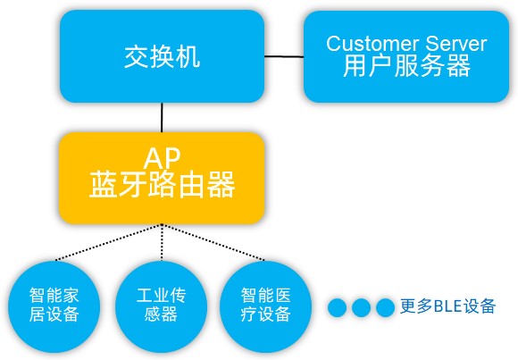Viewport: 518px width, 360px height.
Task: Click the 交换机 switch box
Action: coord(162,56)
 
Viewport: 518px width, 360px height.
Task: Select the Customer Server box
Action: coord(406,56)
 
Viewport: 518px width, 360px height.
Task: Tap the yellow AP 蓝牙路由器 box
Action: coord(162,178)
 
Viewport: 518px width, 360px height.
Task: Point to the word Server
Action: coord(456,43)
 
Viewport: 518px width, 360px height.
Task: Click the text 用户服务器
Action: coord(406,66)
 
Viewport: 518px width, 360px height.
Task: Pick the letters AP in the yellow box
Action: coord(162,158)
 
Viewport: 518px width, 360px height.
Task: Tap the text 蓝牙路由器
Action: coord(162,185)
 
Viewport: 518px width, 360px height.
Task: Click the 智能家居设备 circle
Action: coord(54,306)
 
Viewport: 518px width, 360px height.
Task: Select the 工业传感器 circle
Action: coord(162,306)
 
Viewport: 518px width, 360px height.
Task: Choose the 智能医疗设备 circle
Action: coord(265,306)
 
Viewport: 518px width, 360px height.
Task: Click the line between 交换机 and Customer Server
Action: coord(284,56)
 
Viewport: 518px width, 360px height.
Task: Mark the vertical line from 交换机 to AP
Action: coord(162,117)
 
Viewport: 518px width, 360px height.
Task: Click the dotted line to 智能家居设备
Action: coord(109,242)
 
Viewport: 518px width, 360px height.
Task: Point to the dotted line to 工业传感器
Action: coord(162,242)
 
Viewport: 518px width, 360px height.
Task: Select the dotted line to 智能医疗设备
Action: coord(213,242)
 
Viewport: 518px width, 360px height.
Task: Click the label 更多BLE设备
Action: coord(447,306)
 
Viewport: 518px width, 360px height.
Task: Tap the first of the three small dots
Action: coord(338,307)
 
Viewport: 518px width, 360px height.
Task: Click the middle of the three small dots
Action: coord(361,307)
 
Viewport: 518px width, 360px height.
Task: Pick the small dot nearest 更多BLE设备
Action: coord(385,307)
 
